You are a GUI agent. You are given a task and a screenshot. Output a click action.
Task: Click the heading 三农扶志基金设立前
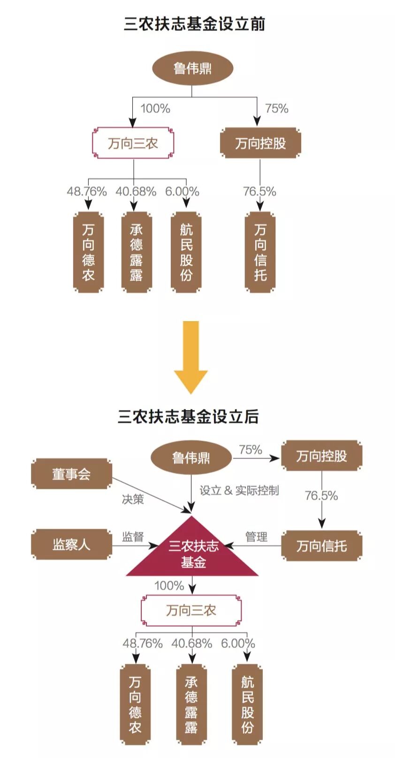click(x=194, y=24)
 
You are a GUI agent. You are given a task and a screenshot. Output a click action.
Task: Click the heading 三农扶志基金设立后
click(x=188, y=416)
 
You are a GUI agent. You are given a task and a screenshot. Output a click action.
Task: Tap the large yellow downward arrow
click(x=191, y=356)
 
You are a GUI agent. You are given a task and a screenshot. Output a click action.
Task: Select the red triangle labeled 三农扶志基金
click(x=193, y=553)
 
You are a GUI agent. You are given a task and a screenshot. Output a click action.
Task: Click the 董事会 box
click(x=71, y=474)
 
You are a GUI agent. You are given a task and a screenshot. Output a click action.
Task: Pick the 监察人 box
click(x=71, y=544)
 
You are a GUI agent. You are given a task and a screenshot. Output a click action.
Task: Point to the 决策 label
click(x=133, y=499)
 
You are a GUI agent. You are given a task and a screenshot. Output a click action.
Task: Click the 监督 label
click(x=133, y=536)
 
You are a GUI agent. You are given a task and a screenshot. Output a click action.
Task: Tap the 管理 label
click(x=256, y=536)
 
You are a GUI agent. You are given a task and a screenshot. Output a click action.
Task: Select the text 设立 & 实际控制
click(x=239, y=490)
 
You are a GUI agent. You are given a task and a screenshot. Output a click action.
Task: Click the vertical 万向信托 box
click(x=260, y=252)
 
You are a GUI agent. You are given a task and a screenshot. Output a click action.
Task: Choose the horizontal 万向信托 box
click(x=321, y=546)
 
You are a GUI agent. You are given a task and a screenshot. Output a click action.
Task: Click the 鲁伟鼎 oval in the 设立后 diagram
click(x=191, y=458)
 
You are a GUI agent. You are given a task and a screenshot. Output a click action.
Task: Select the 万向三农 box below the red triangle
click(x=191, y=610)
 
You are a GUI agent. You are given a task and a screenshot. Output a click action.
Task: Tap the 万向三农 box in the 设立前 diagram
click(x=133, y=143)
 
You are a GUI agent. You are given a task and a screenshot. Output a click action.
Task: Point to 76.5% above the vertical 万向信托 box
click(x=259, y=191)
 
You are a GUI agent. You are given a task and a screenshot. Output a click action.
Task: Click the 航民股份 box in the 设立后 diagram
click(x=247, y=704)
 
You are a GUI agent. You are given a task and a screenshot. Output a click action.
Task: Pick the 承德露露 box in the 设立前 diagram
click(x=137, y=252)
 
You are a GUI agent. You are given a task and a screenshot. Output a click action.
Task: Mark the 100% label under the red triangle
click(x=169, y=585)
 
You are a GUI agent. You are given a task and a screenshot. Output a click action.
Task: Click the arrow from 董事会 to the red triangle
click(x=150, y=494)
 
